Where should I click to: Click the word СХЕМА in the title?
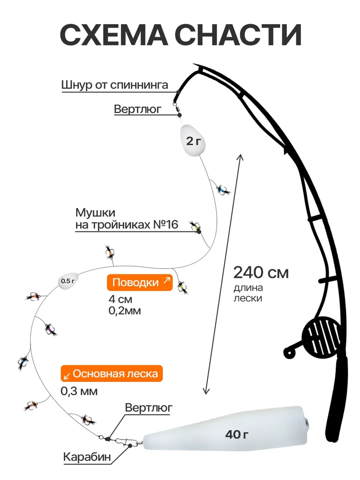click(114, 35)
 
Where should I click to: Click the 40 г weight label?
click(237, 435)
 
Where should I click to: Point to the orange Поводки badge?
click(140, 282)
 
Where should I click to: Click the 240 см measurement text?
click(261, 273)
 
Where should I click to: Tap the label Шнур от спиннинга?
click(115, 85)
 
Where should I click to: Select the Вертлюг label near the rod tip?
click(138, 109)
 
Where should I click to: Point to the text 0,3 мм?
click(79, 391)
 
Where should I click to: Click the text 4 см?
click(121, 299)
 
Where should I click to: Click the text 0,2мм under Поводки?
click(125, 311)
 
